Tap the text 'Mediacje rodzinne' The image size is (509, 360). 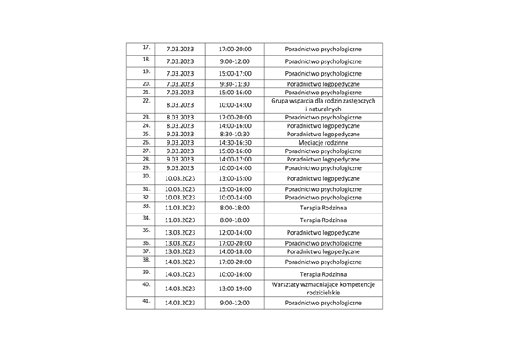point(323,143)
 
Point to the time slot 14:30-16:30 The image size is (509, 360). point(233,143)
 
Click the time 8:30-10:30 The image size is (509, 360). point(233,134)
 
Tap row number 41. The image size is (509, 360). point(146,300)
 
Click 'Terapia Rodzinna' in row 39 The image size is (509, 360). point(323,274)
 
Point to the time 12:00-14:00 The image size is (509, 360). point(233,232)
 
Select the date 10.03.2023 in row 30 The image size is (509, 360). point(179,178)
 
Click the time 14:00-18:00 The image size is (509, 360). point(233,251)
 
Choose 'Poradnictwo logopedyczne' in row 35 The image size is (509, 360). point(323,232)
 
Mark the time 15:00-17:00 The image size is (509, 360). point(233,73)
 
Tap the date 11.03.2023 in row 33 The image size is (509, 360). point(179,207)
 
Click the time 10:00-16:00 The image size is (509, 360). point(233,274)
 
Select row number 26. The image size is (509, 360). point(146,142)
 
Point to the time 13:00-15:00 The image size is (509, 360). point(233,178)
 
